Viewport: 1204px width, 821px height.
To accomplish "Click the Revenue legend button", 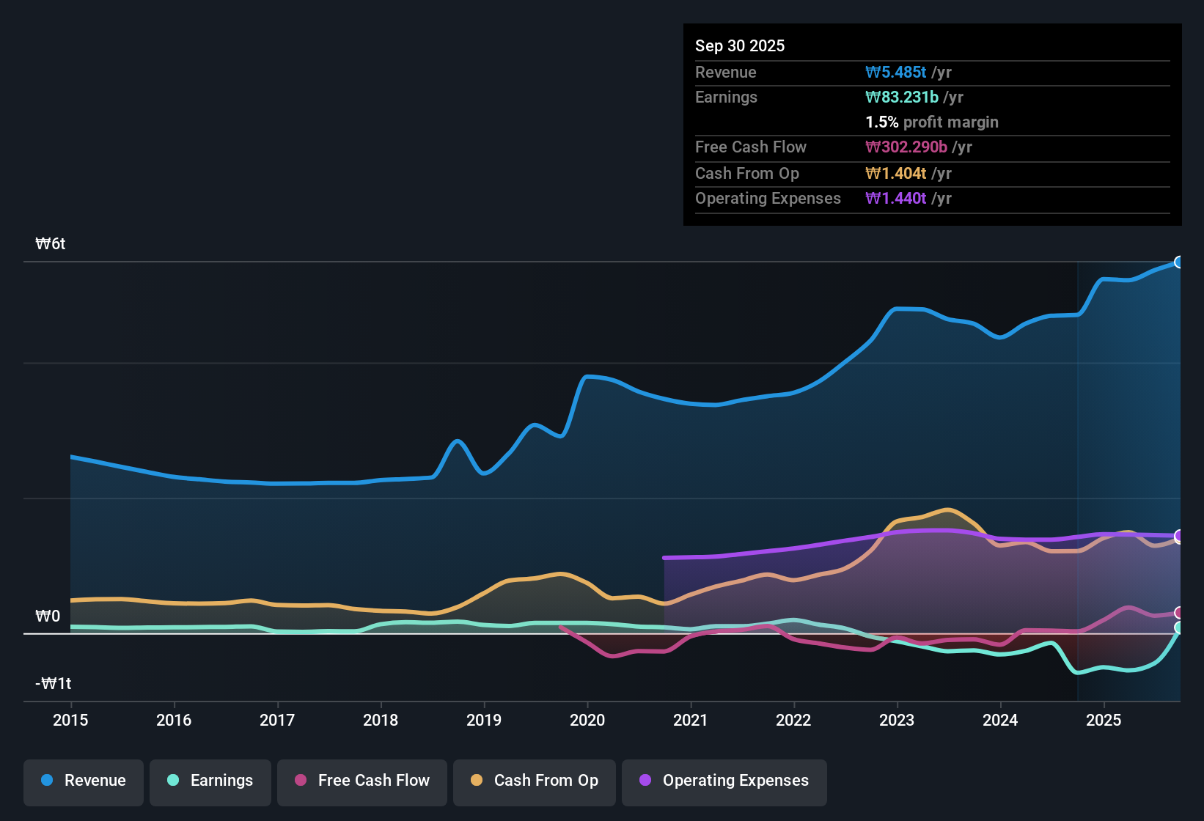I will [x=84, y=781].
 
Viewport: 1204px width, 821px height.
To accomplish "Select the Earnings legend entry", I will [x=210, y=781].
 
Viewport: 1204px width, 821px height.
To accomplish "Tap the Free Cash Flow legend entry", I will [x=362, y=781].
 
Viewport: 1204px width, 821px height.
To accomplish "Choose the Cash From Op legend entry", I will [x=535, y=781].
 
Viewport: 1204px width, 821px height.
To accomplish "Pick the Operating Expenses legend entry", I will [x=724, y=781].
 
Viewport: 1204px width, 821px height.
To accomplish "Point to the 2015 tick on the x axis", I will [x=70, y=720].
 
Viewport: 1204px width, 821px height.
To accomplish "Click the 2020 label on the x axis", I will [x=587, y=720].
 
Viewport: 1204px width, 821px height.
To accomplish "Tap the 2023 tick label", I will [x=897, y=720].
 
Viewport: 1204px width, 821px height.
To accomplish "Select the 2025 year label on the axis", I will [x=1104, y=720].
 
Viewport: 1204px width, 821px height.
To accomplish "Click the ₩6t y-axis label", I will [x=51, y=244].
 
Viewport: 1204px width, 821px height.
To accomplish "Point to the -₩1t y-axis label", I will [x=54, y=684].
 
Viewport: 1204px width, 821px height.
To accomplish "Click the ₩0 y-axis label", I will [x=48, y=616].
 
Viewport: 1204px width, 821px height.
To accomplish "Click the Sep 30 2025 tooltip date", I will [x=740, y=46].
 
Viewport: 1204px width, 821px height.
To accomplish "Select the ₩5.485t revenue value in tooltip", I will [x=896, y=73].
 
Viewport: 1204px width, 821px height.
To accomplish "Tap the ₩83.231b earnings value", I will [x=902, y=97].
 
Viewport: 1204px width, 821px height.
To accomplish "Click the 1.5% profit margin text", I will [x=932, y=122].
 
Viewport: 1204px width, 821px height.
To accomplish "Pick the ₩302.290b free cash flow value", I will [x=906, y=147].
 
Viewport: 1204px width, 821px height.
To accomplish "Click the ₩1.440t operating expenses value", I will [x=896, y=199].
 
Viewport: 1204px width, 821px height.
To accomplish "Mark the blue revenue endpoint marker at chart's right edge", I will [x=1179, y=262].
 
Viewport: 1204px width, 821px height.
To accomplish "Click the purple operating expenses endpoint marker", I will [x=1179, y=536].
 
